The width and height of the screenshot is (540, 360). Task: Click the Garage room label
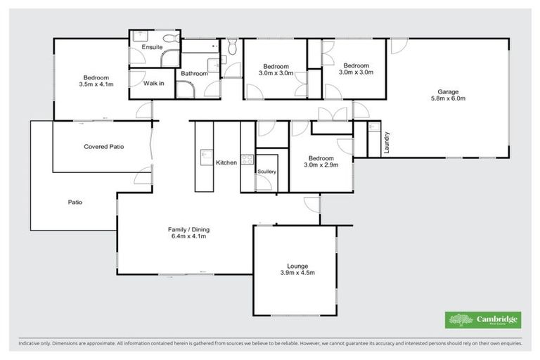[x=448, y=91]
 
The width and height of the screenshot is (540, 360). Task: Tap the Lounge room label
[x=297, y=266]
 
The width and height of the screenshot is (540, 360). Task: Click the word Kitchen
[x=226, y=162]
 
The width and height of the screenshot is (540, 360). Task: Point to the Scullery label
[x=267, y=172]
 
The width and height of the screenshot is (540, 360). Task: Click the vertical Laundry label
[x=387, y=142]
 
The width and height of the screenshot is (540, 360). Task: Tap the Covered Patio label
[x=103, y=147]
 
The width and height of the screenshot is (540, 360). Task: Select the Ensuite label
[x=153, y=47]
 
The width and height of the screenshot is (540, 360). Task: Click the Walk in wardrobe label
[x=154, y=83]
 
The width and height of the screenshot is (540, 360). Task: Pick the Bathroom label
[x=194, y=73]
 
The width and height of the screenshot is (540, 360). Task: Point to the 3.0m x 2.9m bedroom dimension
[x=321, y=165]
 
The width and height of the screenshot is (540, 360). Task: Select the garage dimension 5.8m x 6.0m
[x=448, y=98]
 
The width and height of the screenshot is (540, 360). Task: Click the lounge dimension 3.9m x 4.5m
[x=297, y=274]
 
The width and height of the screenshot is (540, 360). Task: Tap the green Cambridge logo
[x=483, y=319]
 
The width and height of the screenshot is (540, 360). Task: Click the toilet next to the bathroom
[x=233, y=46]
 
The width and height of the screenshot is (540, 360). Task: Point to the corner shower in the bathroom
[x=184, y=89]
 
